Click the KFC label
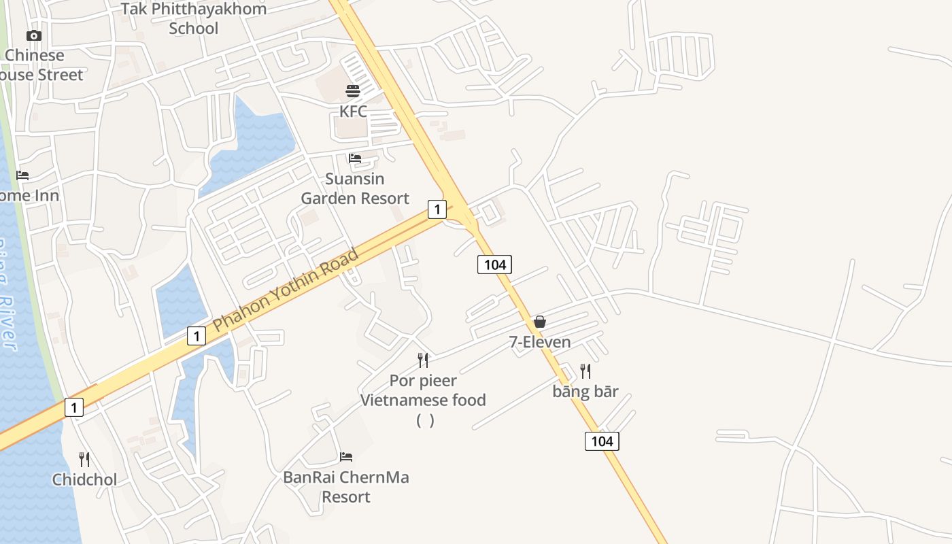pyautogui.click(x=353, y=111)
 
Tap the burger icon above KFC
pyautogui.click(x=353, y=91)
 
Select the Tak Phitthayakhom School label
pyautogui.click(x=194, y=18)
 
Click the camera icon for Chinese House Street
pyautogui.click(x=34, y=35)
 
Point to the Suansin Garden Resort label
pyautogui.click(x=355, y=188)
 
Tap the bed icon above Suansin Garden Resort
pyautogui.click(x=355, y=158)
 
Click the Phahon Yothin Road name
pyautogui.click(x=286, y=290)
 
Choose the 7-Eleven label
pyautogui.click(x=540, y=342)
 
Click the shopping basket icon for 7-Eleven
pyautogui.click(x=540, y=322)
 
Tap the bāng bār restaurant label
pyautogui.click(x=585, y=392)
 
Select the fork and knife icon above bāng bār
pyautogui.click(x=585, y=371)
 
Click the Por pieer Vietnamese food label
pyautogui.click(x=423, y=390)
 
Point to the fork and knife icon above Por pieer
pyautogui.click(x=423, y=360)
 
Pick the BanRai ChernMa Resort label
pyautogui.click(x=346, y=487)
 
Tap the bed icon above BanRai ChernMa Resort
pyautogui.click(x=346, y=457)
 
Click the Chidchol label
pyautogui.click(x=85, y=479)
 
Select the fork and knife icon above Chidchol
pyautogui.click(x=84, y=460)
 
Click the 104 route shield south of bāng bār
pyautogui.click(x=602, y=441)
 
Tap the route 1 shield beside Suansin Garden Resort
pyautogui.click(x=437, y=209)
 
